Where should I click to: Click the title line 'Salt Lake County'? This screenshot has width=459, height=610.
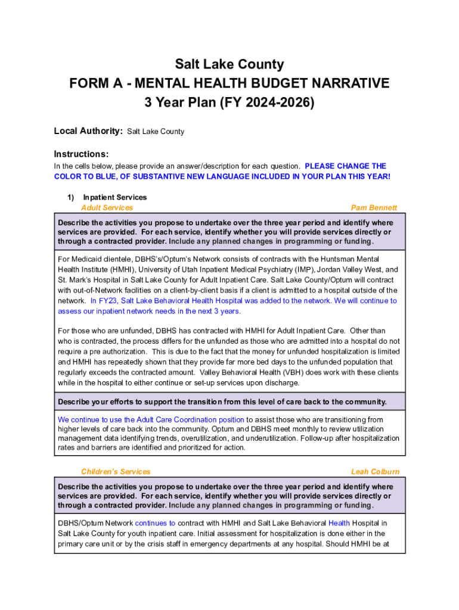pos(229,64)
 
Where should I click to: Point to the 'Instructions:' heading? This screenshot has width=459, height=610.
pos(81,154)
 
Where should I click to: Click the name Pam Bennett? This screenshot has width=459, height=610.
pos(374,208)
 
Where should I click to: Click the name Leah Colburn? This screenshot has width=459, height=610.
pos(375,472)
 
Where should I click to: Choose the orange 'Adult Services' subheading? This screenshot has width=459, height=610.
pos(107,208)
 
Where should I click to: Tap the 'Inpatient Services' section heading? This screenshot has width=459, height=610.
pos(114,197)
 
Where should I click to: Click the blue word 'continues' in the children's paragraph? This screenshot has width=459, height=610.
pos(155,523)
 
